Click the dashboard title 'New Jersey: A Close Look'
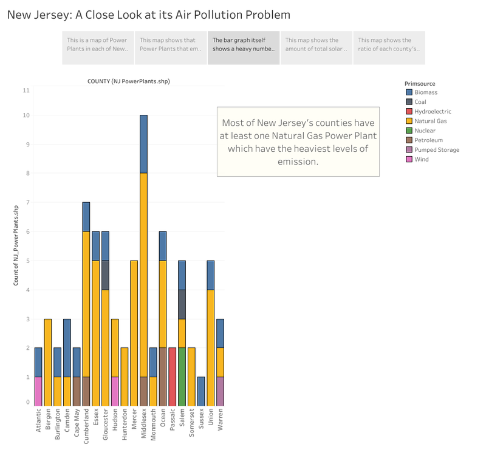tap(148, 14)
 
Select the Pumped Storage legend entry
tap(436, 149)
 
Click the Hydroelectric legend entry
tap(433, 112)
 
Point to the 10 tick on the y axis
tap(26, 115)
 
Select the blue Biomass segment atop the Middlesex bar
tap(143, 144)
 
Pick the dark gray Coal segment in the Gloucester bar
tap(104, 275)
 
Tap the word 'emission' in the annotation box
tap(298, 162)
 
